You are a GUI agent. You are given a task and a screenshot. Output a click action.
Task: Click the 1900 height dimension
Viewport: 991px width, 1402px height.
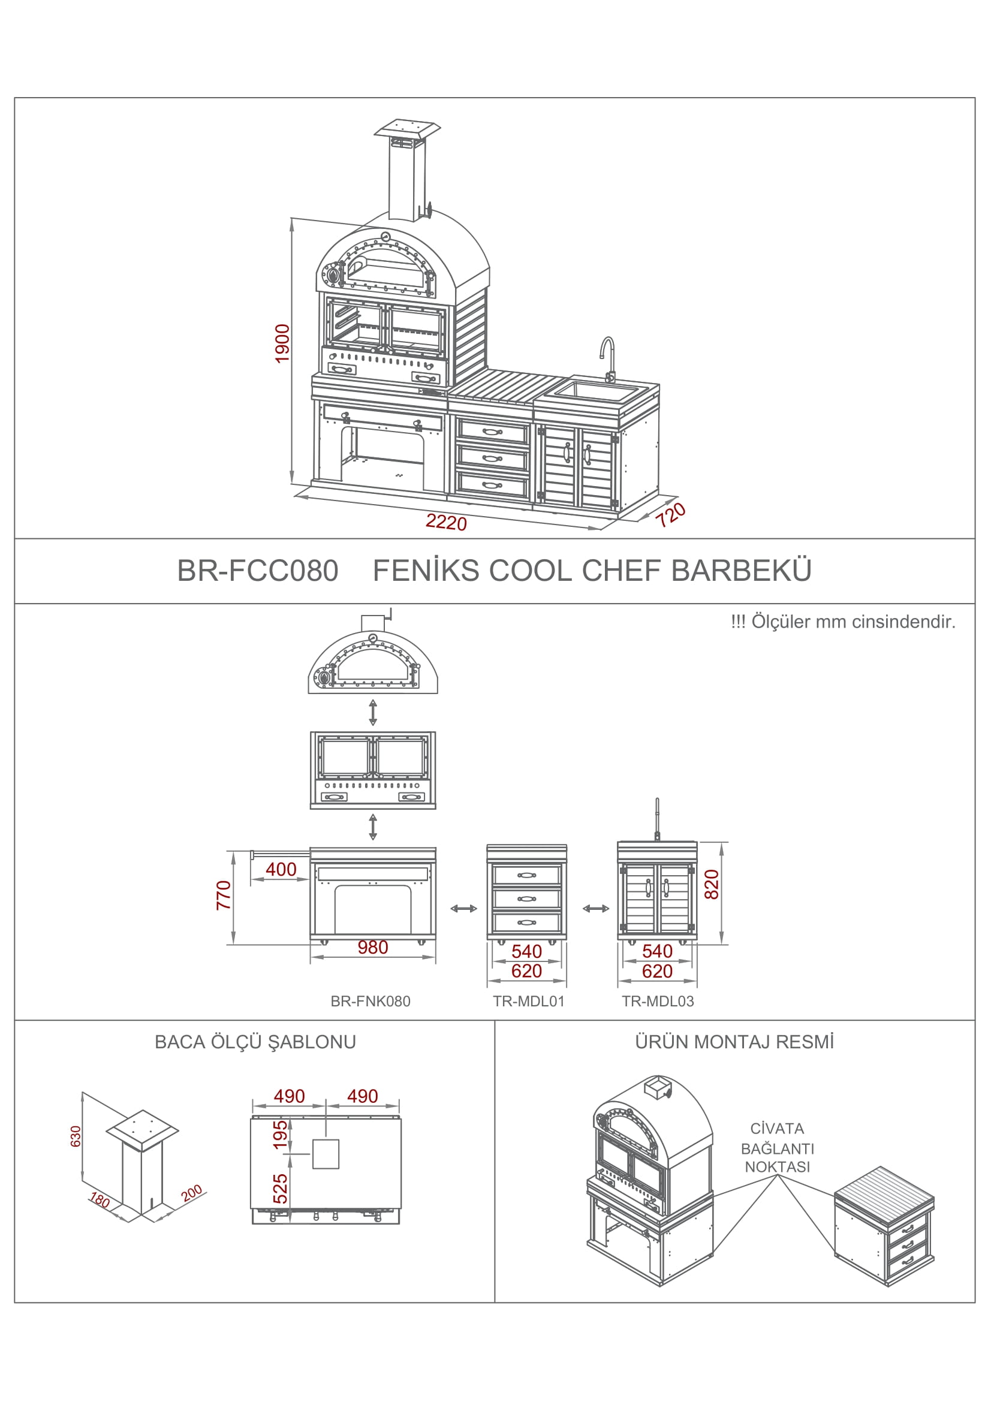coord(282,343)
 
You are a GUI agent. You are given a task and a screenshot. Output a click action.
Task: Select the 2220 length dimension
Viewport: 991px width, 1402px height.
coord(447,522)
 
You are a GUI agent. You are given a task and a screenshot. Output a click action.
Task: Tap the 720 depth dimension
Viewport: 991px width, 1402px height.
coord(670,515)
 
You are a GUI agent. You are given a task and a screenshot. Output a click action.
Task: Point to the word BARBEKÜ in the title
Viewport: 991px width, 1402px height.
coord(742,569)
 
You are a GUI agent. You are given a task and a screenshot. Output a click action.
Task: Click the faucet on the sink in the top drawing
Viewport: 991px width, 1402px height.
coord(607,359)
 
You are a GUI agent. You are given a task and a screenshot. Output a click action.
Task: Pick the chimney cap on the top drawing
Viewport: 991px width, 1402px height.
coord(407,129)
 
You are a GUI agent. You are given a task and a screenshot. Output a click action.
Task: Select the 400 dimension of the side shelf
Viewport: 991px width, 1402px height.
coord(281,869)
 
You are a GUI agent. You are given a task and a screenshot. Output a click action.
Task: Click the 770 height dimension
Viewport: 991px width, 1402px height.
coord(224,895)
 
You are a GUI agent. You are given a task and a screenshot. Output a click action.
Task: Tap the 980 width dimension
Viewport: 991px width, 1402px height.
coord(372,947)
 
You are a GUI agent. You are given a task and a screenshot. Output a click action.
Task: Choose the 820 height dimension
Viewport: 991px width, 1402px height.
coord(712,884)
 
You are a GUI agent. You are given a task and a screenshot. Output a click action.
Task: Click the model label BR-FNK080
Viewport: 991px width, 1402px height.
coord(371,1001)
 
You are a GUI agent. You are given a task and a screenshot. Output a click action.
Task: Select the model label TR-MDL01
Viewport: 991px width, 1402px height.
coord(529,1001)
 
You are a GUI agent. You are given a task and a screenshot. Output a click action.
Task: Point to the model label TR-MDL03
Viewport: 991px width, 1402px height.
coord(658,1001)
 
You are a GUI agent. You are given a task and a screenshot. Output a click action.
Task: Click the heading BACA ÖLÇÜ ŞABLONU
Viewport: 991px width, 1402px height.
coord(255,1042)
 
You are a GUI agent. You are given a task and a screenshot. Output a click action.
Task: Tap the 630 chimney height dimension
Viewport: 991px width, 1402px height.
coord(76,1136)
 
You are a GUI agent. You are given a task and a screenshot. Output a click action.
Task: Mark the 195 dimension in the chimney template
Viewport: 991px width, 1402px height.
coord(279,1135)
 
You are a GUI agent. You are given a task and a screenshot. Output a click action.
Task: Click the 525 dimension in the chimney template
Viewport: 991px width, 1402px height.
coord(279,1188)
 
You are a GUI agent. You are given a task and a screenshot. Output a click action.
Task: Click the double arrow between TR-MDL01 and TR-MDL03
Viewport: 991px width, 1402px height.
coord(596,909)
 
